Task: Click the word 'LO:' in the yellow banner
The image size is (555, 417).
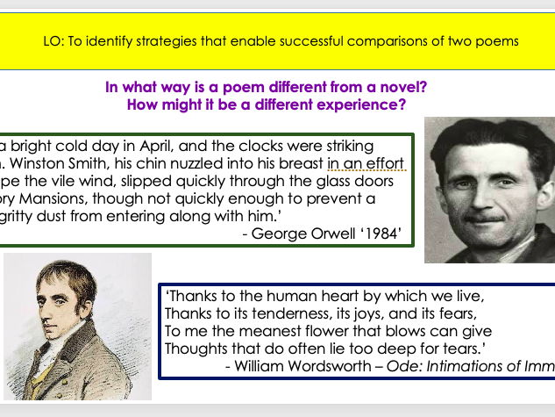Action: [x=53, y=40]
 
